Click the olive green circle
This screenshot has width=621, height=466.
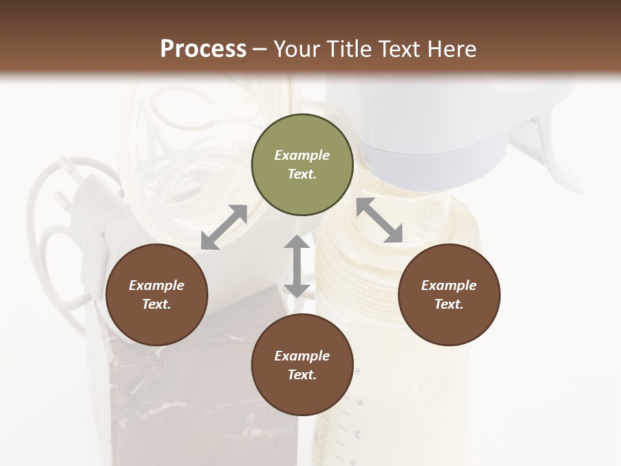tap(302, 165)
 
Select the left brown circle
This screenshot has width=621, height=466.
tap(157, 295)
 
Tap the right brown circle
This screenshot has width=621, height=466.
tap(449, 295)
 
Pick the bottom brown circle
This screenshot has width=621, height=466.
tap(302, 365)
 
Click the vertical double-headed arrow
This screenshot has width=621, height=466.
tap(297, 266)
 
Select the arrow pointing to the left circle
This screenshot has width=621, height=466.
tap(224, 227)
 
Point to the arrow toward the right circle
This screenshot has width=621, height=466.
tap(380, 220)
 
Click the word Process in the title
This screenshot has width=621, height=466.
tap(203, 49)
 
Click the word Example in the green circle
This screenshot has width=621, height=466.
tap(302, 155)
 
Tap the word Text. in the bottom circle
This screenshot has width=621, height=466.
tap(302, 375)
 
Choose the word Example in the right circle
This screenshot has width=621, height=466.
tap(449, 285)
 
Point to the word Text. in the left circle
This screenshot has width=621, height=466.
tap(157, 304)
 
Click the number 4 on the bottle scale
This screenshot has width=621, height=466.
tap(360, 402)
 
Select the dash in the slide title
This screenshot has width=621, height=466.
tap(260, 49)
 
